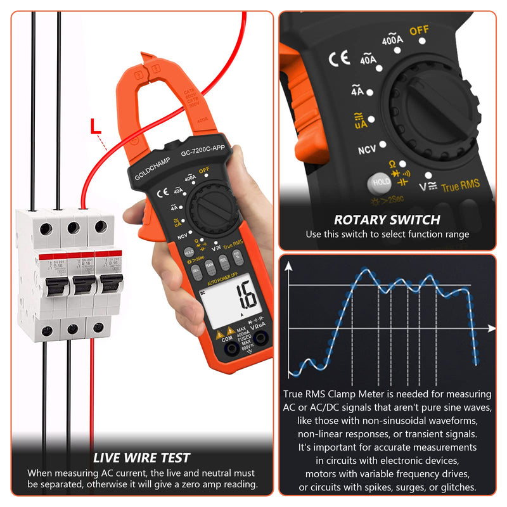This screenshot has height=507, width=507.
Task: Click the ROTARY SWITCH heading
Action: click(387, 220)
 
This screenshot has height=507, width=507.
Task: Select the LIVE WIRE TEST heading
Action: click(141, 458)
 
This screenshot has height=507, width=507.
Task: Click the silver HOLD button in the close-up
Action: click(382, 182)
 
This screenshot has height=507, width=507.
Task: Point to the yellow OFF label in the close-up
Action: click(419, 30)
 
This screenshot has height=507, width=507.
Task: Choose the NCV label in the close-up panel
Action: click(368, 150)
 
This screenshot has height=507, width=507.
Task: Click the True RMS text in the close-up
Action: click(461, 186)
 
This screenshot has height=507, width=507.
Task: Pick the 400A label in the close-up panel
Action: click(392, 40)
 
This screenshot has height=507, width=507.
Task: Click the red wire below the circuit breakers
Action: click(91, 393)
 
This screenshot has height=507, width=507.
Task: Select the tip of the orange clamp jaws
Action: click(147, 59)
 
